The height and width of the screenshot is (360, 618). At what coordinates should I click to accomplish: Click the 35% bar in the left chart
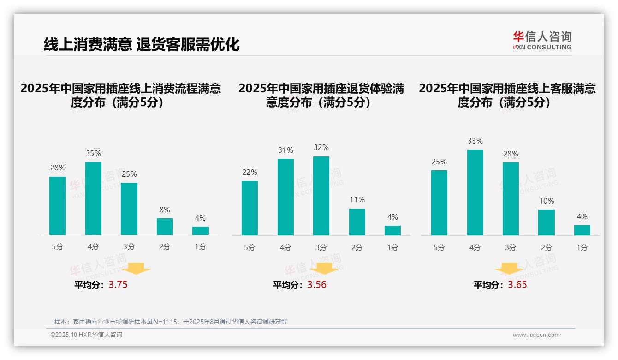(93, 198)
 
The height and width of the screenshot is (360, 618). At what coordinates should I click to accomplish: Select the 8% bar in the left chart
(165, 227)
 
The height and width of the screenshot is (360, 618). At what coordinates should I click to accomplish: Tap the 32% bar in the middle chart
(321, 196)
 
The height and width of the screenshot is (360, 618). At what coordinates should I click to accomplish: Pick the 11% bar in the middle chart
(357, 222)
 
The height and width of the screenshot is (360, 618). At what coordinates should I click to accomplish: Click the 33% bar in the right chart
(475, 192)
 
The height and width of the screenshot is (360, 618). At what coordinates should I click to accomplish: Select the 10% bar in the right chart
(547, 222)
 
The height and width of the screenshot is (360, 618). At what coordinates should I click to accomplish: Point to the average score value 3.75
(118, 285)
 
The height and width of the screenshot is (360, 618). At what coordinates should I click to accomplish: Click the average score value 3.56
(317, 285)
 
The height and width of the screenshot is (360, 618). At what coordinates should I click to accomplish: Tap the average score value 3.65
(517, 285)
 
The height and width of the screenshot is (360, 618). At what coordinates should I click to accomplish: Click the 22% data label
(250, 172)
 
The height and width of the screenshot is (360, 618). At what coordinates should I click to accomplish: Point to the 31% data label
(285, 150)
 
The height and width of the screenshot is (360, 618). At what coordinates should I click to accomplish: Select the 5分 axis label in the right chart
(439, 247)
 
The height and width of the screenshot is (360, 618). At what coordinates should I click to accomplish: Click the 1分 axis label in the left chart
(201, 246)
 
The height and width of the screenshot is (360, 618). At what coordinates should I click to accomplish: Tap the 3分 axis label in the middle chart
(321, 247)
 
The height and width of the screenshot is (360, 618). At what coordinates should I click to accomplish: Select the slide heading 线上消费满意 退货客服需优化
(142, 45)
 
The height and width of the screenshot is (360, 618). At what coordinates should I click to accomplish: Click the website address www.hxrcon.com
(536, 335)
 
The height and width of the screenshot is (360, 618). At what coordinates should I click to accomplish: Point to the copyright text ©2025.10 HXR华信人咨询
(86, 335)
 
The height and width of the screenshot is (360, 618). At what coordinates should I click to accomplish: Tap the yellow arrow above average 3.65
(509, 268)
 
